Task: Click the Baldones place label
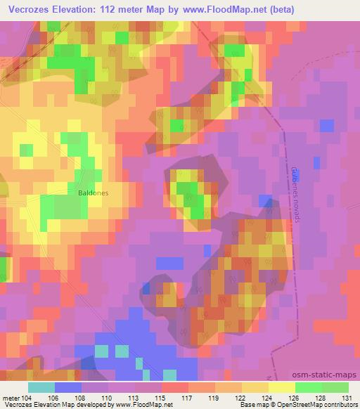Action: pyautogui.click(x=93, y=190)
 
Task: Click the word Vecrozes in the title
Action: pyautogui.click(x=27, y=9)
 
